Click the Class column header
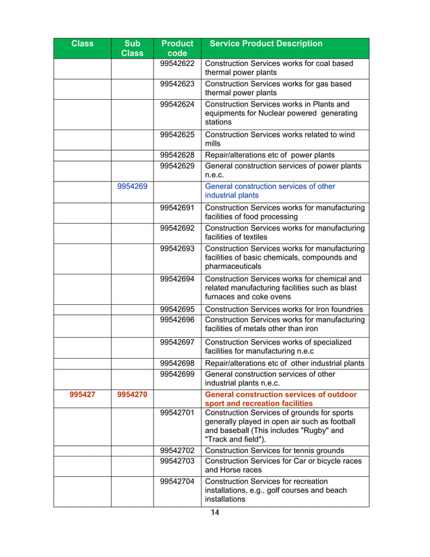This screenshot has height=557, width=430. point(82,44)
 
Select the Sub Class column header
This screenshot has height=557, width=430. point(132,49)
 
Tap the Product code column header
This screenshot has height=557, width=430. point(177,49)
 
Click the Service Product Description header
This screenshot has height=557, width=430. point(266,44)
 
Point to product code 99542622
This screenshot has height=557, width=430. point(177,64)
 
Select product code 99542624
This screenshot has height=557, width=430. point(177,105)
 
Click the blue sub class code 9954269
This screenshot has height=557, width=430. point(132,187)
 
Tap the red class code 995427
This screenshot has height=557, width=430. point(82,394)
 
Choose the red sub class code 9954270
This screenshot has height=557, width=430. point(132,394)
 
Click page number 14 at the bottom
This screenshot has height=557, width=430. point(215,513)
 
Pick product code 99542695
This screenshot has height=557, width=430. point(177,310)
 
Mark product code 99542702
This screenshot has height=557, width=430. point(177,450)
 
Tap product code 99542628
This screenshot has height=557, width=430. point(177,154)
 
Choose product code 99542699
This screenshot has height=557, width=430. point(177,374)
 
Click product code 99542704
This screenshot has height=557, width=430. point(177,481)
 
